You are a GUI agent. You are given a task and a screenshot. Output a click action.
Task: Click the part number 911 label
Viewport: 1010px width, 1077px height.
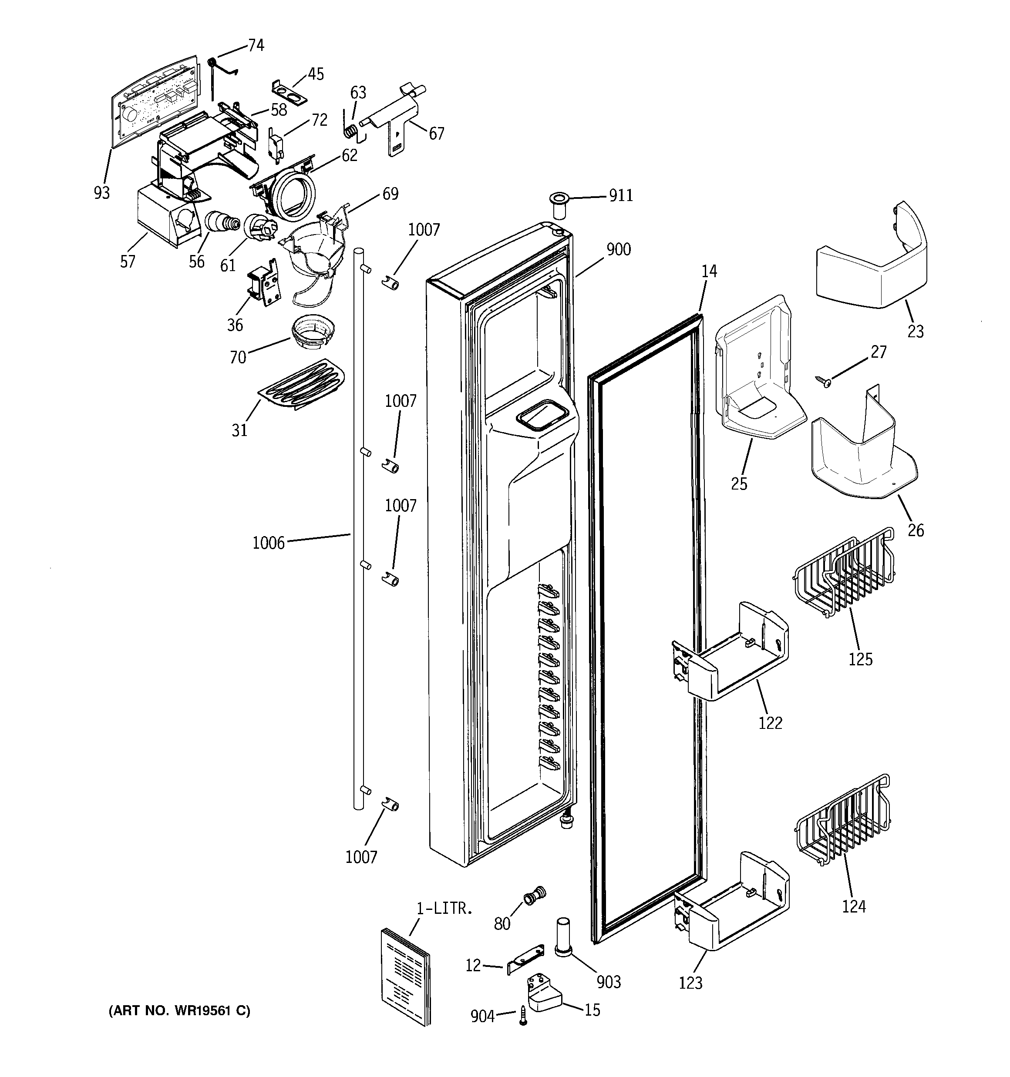(621, 195)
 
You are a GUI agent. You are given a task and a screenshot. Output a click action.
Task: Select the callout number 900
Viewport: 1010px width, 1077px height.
(619, 250)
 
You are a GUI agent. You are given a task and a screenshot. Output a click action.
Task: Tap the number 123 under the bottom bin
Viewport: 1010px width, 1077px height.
(690, 983)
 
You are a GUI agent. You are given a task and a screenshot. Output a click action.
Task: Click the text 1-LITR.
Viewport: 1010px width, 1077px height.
(444, 909)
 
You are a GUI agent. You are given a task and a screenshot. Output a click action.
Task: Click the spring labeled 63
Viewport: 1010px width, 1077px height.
(352, 131)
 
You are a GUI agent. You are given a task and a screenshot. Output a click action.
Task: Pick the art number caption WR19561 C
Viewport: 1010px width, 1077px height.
(179, 1011)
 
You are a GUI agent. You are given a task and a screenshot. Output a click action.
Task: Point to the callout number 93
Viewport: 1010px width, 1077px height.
(101, 193)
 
